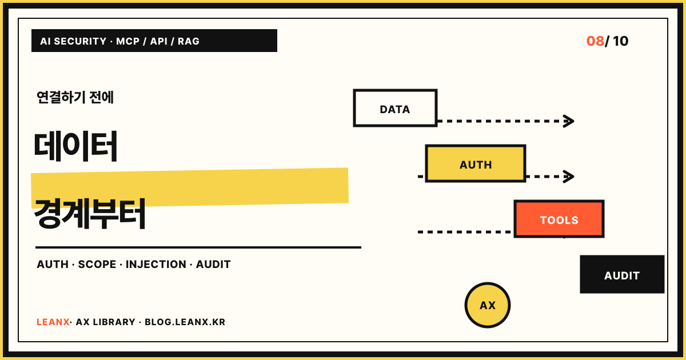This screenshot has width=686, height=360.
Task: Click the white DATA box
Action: pos(395,108)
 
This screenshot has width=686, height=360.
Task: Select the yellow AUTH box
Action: pos(476,163)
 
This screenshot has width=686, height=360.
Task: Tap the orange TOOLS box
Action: pos(559,219)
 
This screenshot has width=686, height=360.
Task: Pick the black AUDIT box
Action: pos(622,274)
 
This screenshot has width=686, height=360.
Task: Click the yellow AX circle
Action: pos(488,305)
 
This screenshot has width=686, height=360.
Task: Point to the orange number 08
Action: pos(595,41)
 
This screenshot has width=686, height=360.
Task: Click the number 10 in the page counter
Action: pos(620,41)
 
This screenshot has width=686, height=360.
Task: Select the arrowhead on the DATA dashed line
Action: pos(569,121)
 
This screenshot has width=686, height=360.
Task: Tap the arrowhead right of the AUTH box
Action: pos(569,177)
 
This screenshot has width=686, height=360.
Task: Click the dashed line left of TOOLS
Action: pos(466,232)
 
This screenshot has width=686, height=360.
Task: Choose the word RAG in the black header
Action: pos(188,41)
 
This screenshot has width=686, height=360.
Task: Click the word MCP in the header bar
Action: pos(127,41)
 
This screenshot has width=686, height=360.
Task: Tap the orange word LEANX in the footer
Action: pos(53,322)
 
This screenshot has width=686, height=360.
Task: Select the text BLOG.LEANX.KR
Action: pos(185,322)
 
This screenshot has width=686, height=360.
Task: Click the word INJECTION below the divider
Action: pos(156,264)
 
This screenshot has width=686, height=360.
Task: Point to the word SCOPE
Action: pos(97,264)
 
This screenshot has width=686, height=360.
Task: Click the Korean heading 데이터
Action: pos(75,146)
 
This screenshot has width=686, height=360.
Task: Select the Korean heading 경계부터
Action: pos(89,213)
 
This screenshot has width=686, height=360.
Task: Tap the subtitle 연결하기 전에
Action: pos(75,97)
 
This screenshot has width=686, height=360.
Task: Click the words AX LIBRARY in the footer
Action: pos(105,322)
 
